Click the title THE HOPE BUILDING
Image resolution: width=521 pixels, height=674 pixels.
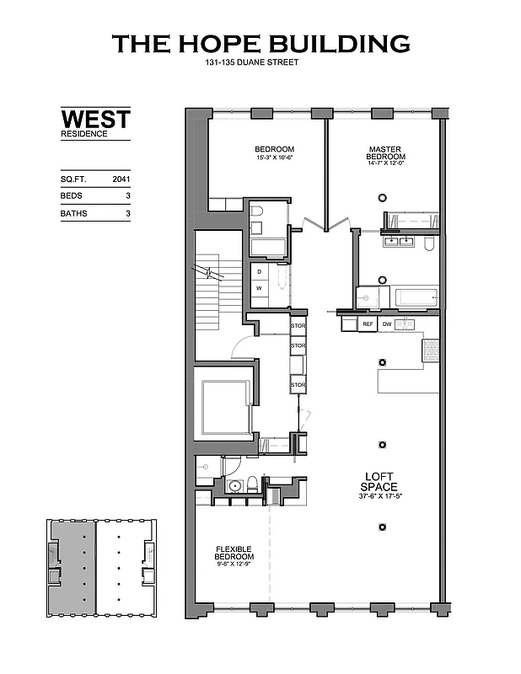260,44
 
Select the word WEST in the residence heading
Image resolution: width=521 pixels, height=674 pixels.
95,118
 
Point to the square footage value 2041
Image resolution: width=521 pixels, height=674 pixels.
122,179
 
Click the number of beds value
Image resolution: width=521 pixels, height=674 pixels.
127,196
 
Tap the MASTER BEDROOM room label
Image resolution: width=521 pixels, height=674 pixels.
386,153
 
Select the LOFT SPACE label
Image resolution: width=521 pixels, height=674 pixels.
379,481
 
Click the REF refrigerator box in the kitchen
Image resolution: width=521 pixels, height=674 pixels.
368,324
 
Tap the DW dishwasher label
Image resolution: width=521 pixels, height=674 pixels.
387,324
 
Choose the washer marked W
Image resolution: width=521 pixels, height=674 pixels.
260,288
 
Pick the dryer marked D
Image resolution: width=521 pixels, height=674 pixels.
260,272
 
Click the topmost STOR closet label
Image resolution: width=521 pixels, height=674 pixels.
297,325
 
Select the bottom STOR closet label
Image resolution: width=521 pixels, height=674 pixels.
297,385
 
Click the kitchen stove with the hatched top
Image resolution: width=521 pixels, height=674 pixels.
430,350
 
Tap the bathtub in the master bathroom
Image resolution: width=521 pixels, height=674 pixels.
416,297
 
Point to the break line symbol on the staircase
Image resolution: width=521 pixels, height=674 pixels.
205,271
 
